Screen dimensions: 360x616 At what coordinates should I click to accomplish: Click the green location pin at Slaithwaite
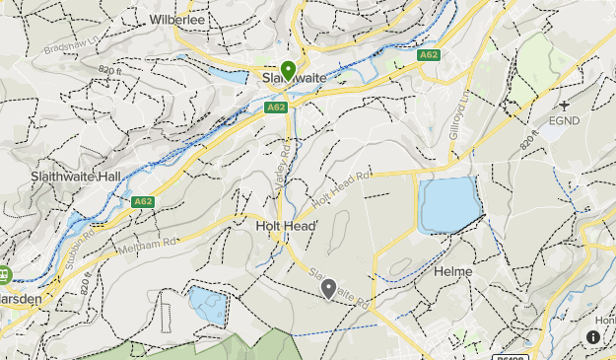tap(288, 71)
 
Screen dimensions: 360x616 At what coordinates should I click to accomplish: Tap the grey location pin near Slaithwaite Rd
tap(329, 288)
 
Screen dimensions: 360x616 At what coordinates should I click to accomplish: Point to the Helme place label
tap(453, 271)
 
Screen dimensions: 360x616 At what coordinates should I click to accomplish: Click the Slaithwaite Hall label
tap(61, 174)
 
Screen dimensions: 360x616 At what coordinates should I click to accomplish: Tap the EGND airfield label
tap(565, 121)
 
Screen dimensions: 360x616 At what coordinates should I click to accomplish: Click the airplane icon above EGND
tap(565, 105)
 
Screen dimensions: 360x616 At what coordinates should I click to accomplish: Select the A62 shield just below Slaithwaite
tap(276, 107)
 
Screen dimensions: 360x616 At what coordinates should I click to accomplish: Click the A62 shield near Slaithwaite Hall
tap(144, 201)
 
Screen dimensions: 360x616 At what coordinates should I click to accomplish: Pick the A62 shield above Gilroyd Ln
tap(428, 55)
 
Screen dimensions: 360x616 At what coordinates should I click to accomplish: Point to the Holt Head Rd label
tap(341, 187)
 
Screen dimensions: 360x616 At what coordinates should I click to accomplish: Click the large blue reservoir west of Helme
tap(448, 204)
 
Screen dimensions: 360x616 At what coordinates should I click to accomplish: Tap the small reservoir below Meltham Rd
tap(208, 306)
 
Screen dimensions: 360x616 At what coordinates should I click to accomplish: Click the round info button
tap(593, 337)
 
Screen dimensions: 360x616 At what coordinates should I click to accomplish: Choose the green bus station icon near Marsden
tap(4, 274)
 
